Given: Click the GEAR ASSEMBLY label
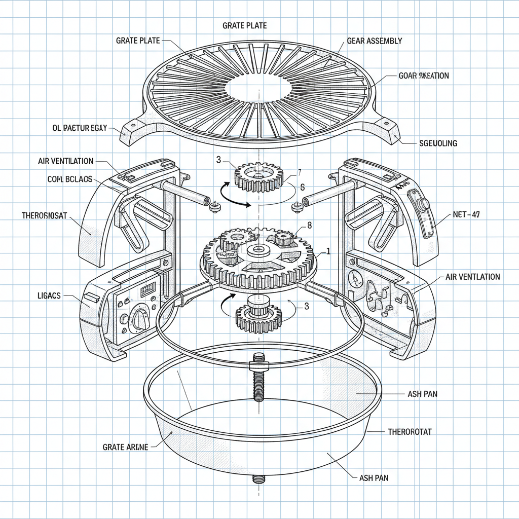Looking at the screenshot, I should tap(375, 41).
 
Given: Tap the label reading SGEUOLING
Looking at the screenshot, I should tap(438, 143).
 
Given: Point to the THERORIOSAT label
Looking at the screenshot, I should tap(45, 215).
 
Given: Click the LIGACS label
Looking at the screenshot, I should tap(49, 295).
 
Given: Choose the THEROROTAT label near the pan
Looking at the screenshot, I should tap(410, 432).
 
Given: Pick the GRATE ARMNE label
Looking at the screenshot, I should tap(125, 447).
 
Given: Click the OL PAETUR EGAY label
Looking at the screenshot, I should tap(80, 128).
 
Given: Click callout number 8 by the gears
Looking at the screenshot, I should tap(310, 225).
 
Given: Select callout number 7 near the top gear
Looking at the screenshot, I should tap(299, 172).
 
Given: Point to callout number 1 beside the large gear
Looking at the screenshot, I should tap(328, 250).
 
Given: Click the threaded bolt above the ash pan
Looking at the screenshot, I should tap(258, 383).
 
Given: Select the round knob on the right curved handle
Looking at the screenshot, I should tap(423, 205).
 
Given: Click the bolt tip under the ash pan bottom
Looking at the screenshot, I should tap(259, 478).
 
